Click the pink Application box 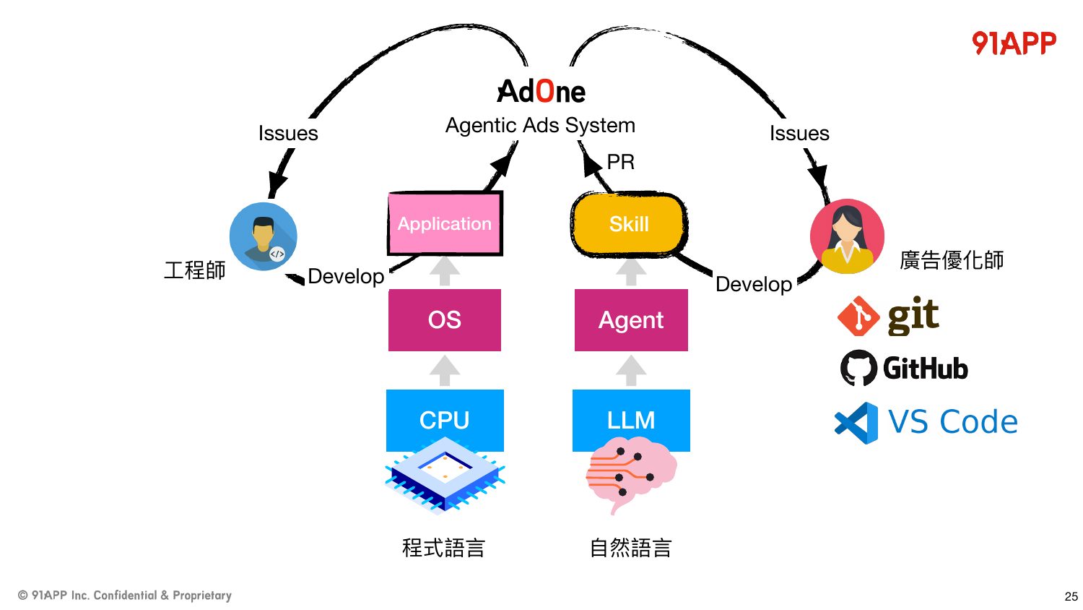point(445,223)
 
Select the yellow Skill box point(629,223)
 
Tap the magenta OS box point(445,320)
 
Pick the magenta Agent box point(631,320)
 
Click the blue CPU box point(445,419)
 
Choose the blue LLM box point(631,419)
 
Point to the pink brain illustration point(631,474)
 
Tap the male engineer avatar point(263,236)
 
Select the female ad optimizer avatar point(847,236)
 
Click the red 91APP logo point(1014,43)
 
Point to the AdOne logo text point(541,91)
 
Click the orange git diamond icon point(858,316)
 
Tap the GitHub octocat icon point(858,368)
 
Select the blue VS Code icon point(856,423)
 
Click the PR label point(620,162)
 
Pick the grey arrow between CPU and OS point(445,370)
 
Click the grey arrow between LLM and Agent point(631,370)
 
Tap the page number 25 point(1071,596)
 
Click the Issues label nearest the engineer point(288,133)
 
